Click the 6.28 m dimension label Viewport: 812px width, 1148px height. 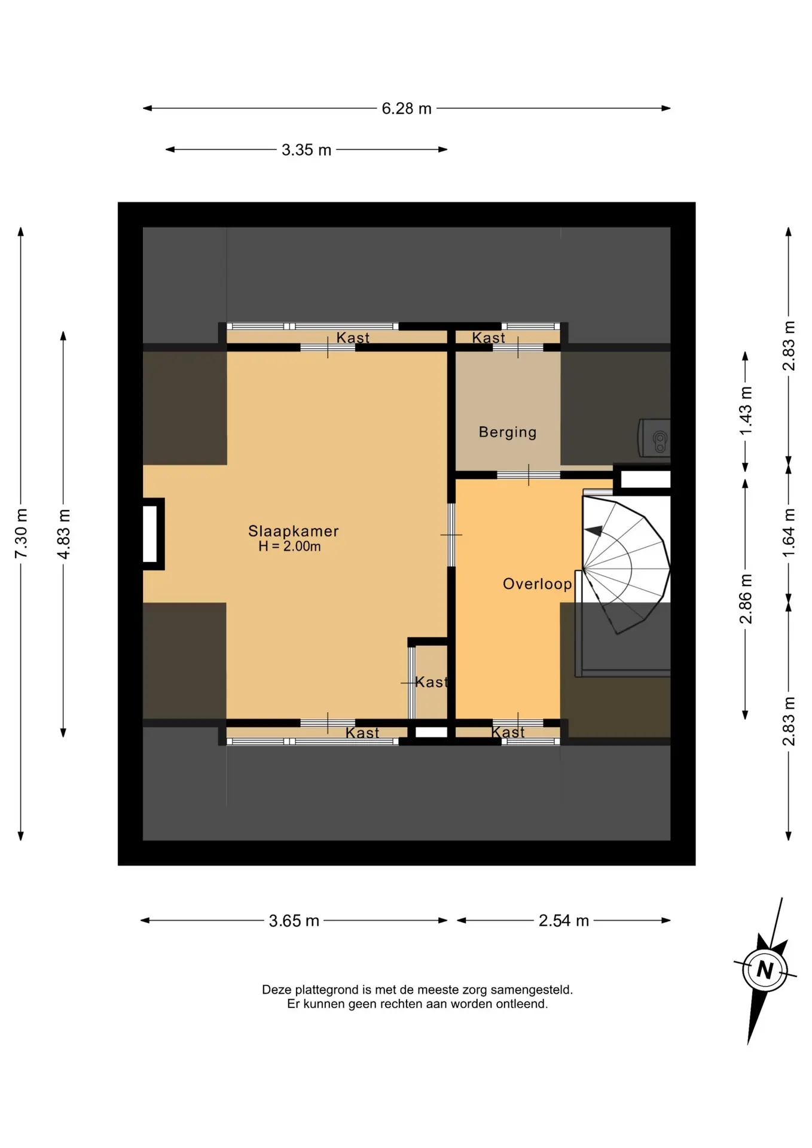tap(407, 108)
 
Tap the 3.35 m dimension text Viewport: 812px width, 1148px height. tap(306, 149)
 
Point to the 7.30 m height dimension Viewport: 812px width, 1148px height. tap(21, 533)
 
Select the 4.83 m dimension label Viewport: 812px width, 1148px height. tap(63, 534)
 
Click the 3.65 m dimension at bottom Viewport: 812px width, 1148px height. tap(294, 920)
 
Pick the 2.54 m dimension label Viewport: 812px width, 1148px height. tap(564, 920)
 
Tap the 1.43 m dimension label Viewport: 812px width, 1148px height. tap(745, 411)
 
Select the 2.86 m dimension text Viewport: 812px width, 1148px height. tap(745, 599)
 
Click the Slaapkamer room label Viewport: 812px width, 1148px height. tap(294, 531)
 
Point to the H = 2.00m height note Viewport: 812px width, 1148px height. tap(289, 546)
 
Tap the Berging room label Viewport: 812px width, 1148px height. tap(508, 432)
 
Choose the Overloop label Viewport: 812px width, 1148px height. tap(538, 584)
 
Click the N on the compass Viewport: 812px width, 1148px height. tap(765, 969)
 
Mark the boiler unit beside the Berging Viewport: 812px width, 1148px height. tap(654, 438)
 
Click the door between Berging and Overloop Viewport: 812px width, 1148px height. tap(529, 475)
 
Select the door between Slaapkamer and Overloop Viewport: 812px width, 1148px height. tap(451, 535)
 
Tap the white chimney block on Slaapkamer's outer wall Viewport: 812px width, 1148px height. tap(150, 534)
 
